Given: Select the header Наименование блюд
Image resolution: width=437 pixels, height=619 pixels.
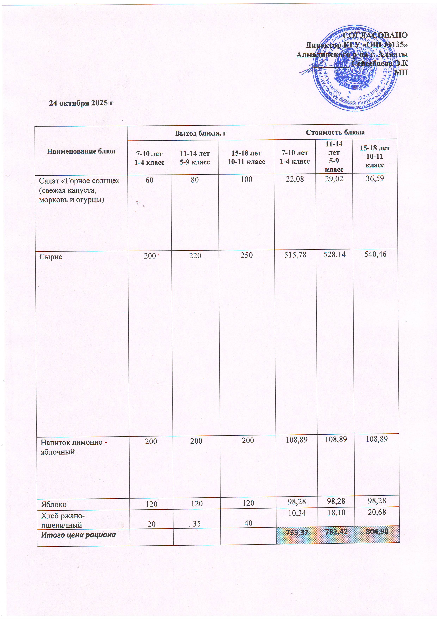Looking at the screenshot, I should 81,151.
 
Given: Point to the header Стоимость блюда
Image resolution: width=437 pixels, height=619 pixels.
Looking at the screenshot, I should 335,132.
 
